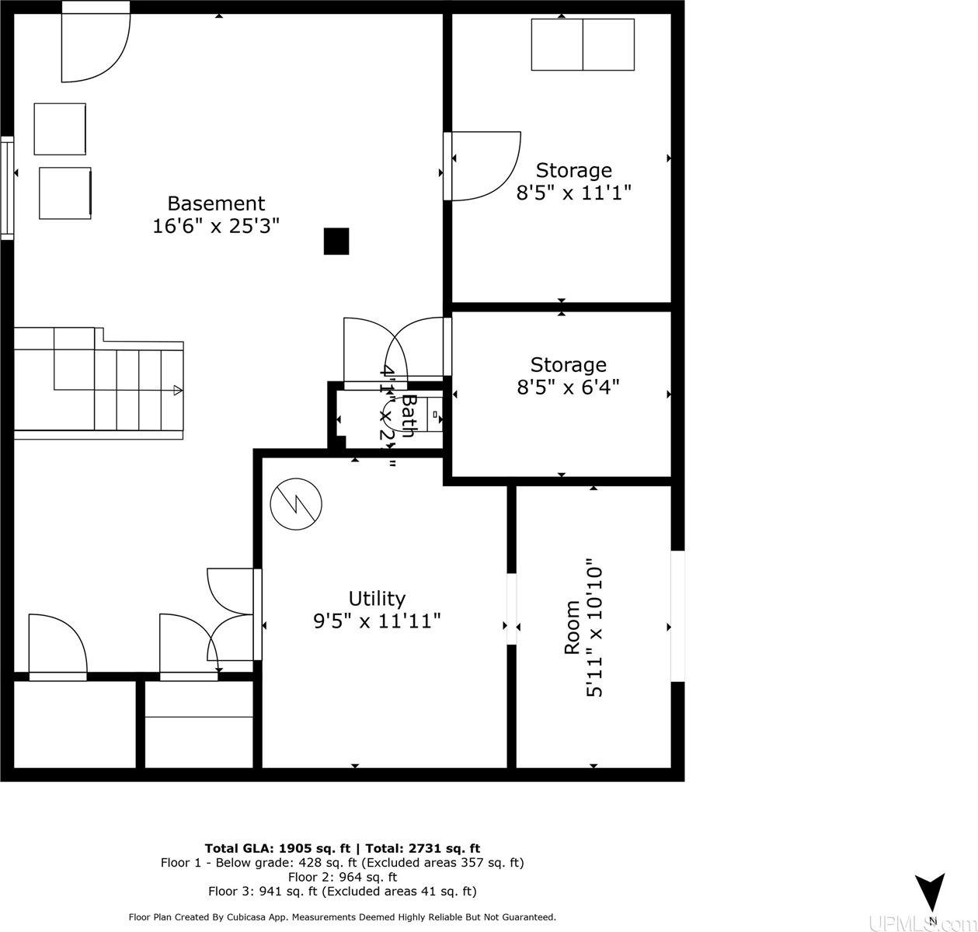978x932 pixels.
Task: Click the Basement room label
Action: click(216, 203)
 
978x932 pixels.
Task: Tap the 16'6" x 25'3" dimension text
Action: click(216, 226)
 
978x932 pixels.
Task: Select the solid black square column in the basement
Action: click(336, 242)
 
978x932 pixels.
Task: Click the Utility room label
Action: click(377, 599)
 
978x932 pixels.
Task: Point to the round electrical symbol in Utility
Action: click(296, 504)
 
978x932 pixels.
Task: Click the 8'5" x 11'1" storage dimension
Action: click(573, 193)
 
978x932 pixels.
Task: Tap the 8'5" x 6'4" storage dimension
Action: click(568, 387)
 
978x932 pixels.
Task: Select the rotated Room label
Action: click(572, 627)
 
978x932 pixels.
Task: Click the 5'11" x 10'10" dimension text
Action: click(595, 627)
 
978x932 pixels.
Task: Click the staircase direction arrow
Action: click(178, 391)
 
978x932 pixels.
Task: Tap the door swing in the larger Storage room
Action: click(483, 166)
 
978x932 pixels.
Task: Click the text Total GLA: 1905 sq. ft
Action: click(277, 848)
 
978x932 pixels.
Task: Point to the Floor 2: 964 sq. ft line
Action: click(343, 877)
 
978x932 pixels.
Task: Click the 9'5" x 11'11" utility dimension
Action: click(377, 621)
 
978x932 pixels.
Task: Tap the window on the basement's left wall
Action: click(7, 187)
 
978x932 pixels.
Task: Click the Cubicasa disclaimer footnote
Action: click(342, 917)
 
